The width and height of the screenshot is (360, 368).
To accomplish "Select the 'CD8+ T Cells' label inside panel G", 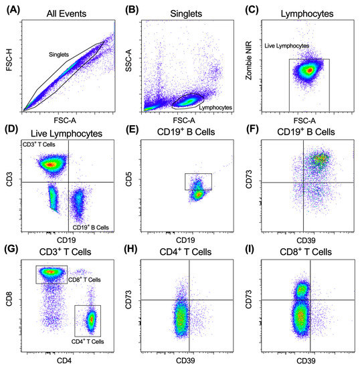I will tap(85, 280).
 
